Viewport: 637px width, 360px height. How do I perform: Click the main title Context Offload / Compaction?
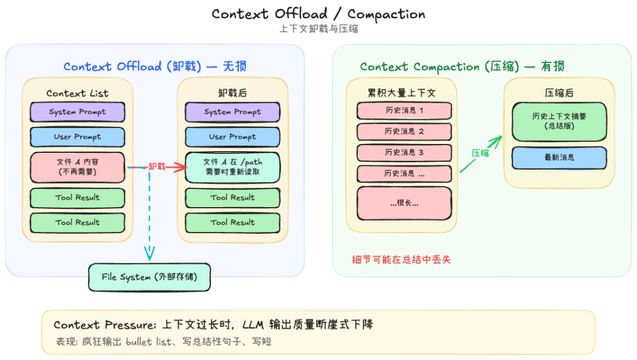(x=318, y=14)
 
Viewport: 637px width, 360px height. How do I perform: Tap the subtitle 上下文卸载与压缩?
(x=318, y=29)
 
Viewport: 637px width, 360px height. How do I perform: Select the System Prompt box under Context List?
(x=77, y=112)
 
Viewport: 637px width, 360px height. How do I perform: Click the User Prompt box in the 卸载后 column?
(x=232, y=136)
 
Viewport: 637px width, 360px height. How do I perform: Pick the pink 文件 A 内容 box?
(x=77, y=167)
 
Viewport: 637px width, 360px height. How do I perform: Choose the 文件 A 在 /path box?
(x=232, y=167)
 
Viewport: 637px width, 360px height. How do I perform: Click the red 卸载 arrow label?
(x=156, y=167)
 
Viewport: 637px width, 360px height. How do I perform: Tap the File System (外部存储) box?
(x=149, y=277)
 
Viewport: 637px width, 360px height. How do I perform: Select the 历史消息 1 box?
(x=404, y=110)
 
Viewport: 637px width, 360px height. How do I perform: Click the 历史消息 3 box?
(x=404, y=152)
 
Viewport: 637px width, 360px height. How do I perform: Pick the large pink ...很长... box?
(x=404, y=203)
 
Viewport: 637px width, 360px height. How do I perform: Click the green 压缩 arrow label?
(x=480, y=153)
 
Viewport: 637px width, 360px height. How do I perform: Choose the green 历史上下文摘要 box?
(x=559, y=121)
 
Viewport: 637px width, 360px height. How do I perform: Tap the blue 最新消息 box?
(x=559, y=158)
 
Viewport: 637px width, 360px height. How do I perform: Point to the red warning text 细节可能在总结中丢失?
(x=401, y=259)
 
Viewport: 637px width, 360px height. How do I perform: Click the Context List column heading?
(x=77, y=93)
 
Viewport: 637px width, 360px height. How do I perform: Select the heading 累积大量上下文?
(x=402, y=93)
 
